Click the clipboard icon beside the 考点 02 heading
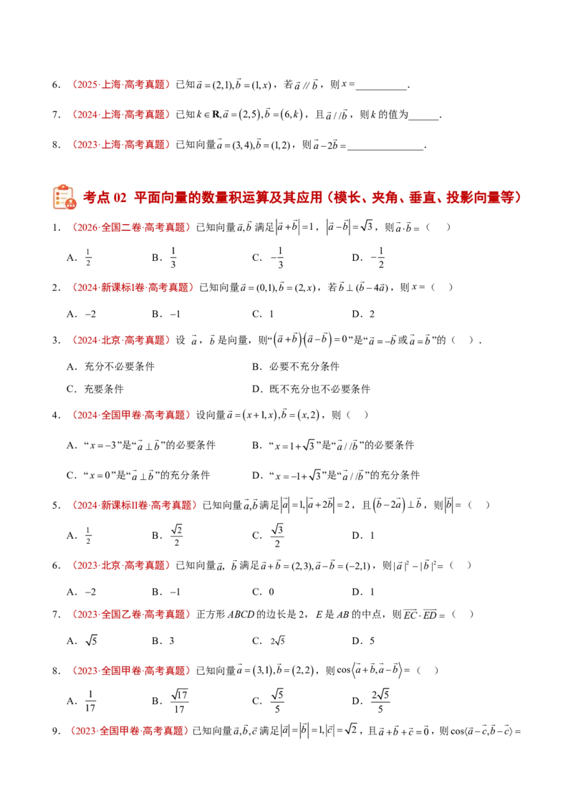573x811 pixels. pos(64,197)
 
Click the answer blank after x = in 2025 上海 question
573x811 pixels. pos(382,86)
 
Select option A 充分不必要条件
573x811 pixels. pos(111,367)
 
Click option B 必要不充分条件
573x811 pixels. pos(296,367)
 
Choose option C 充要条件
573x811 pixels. pos(95,389)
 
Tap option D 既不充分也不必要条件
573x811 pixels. pos(312,389)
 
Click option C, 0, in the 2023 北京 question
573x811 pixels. pos(264,592)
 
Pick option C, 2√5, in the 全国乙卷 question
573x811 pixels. pos(269,640)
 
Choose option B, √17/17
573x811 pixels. pos(170,701)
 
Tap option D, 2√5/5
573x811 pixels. pos(371,701)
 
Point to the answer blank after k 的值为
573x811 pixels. pos(423,116)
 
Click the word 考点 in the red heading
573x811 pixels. pos(97,197)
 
